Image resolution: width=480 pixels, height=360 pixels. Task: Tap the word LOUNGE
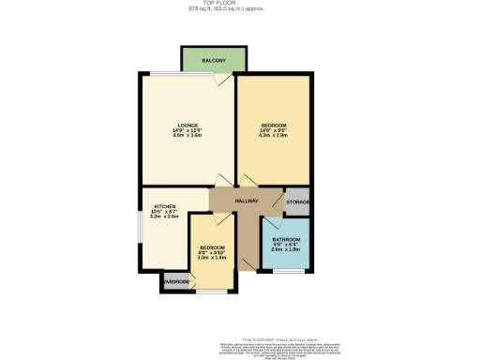pos(187,125)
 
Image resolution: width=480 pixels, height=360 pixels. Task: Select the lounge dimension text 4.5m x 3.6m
pos(187,136)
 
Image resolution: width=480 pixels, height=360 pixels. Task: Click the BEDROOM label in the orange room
pos(272,125)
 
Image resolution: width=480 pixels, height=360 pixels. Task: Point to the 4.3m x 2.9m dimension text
pos(272,136)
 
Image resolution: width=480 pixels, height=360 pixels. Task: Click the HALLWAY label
pos(246,201)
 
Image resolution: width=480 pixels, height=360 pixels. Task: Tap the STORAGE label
pos(297,202)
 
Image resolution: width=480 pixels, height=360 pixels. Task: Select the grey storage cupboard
pos(297,202)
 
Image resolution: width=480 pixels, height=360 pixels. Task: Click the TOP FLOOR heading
pos(240,4)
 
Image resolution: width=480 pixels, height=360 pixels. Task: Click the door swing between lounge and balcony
pos(218,82)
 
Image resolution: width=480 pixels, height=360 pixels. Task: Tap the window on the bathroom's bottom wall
pos(285,271)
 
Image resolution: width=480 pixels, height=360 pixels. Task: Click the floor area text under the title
pos(240,10)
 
